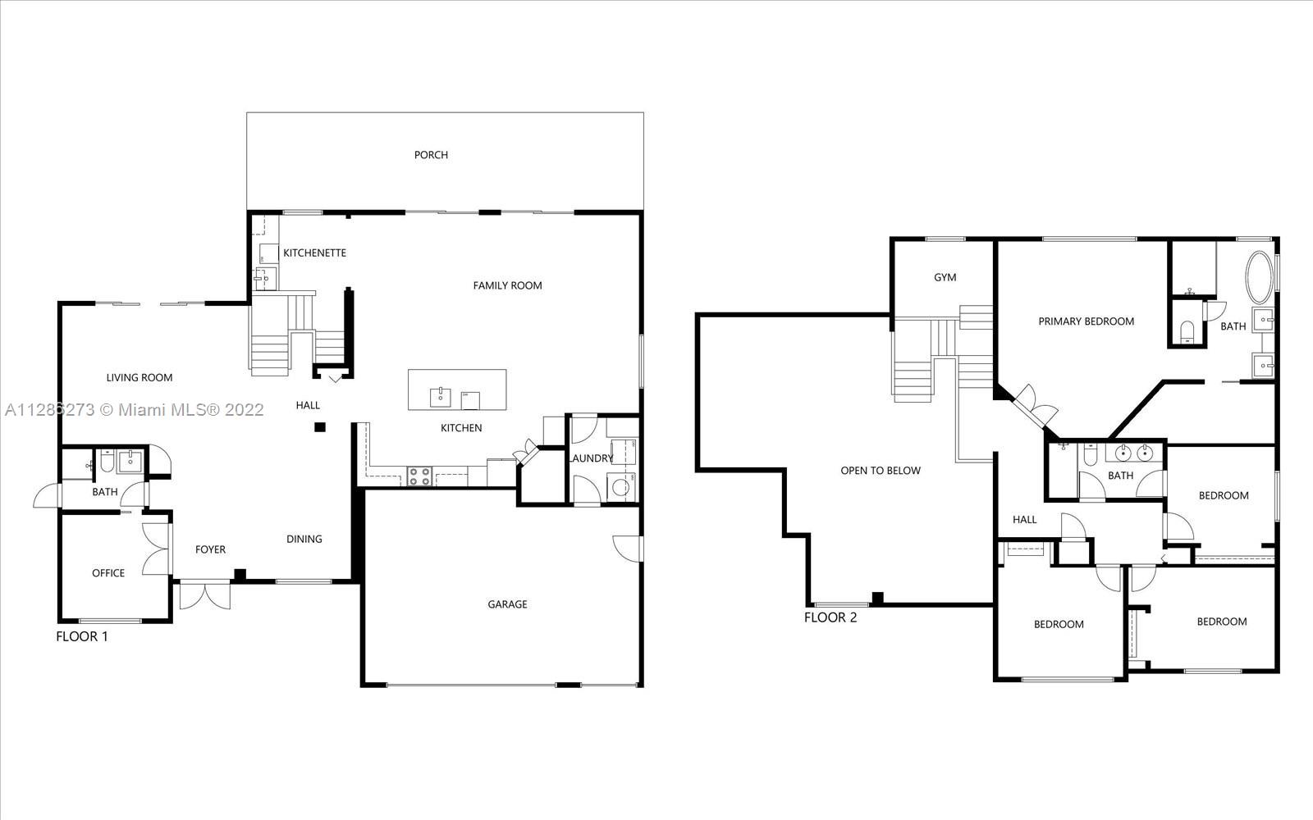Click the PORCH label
pyautogui.click(x=431, y=155)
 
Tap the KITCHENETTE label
pyautogui.click(x=315, y=253)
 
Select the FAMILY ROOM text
pyautogui.click(x=508, y=285)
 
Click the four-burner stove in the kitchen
pyautogui.click(x=419, y=476)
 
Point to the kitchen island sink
pyautogui.click(x=440, y=397)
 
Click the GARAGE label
pyautogui.click(x=508, y=604)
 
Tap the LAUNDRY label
pyautogui.click(x=592, y=458)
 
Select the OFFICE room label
pyautogui.click(x=108, y=573)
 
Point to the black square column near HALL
pyautogui.click(x=320, y=427)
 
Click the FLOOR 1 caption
pyautogui.click(x=82, y=636)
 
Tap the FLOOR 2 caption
pyautogui.click(x=830, y=617)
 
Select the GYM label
pyautogui.click(x=945, y=277)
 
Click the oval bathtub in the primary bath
pyautogui.click(x=1259, y=278)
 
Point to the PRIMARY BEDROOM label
pyautogui.click(x=1087, y=321)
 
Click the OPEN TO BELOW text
pyautogui.click(x=881, y=471)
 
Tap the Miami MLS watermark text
pyautogui.click(x=135, y=409)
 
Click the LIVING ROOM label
pyautogui.click(x=140, y=378)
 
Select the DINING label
pyautogui.click(x=304, y=539)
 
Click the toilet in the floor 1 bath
pyautogui.click(x=108, y=461)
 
